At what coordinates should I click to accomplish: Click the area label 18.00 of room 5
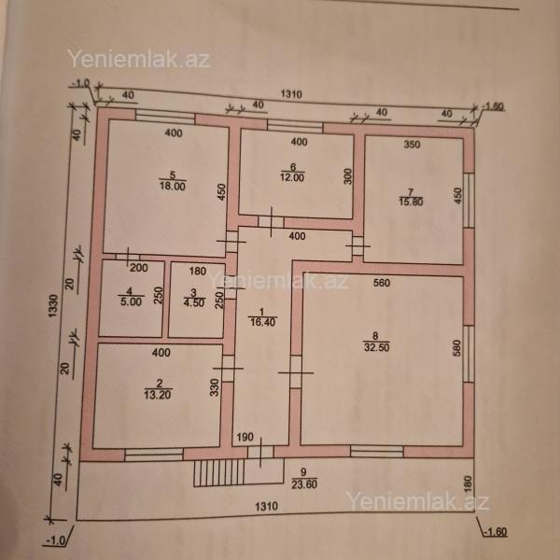tap(172, 187)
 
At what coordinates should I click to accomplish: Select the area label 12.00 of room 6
tap(292, 177)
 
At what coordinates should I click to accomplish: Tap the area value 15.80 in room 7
tap(411, 202)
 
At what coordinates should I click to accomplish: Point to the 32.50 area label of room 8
tap(376, 347)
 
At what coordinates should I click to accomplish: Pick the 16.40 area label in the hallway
tap(262, 322)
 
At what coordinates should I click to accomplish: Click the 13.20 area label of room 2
tap(158, 395)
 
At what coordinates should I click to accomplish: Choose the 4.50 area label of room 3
tap(194, 302)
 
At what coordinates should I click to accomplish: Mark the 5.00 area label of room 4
tap(131, 301)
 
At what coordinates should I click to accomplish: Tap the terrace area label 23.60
tap(304, 484)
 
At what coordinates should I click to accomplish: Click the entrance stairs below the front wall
tap(219, 472)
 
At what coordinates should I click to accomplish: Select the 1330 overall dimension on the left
tap(53, 306)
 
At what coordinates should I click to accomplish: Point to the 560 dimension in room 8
tap(382, 283)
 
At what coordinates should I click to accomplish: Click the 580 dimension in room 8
tap(456, 348)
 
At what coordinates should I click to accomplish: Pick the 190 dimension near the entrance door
tap(245, 437)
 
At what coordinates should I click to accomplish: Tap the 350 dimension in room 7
tap(412, 145)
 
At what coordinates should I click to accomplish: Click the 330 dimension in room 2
tap(214, 387)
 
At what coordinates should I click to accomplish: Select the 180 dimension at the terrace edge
tap(469, 483)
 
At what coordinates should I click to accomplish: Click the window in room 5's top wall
tap(165, 117)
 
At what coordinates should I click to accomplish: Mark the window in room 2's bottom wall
tap(154, 455)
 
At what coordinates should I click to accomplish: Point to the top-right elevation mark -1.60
tap(493, 106)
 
